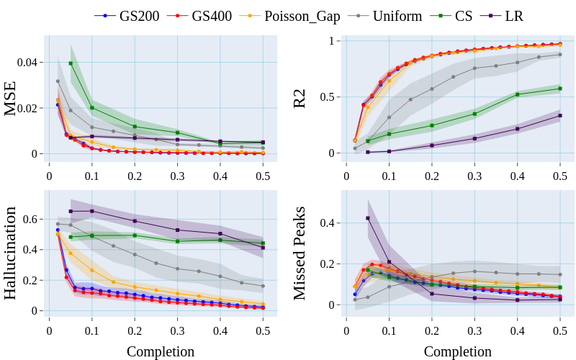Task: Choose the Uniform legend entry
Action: (x=397, y=15)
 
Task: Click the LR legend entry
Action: (x=513, y=15)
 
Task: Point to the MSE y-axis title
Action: (x=11, y=99)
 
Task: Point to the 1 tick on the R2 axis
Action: (x=331, y=41)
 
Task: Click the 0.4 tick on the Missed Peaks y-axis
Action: (x=328, y=223)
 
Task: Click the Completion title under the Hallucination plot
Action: (x=161, y=351)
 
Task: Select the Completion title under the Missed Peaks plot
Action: (x=457, y=351)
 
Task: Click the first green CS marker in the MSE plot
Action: (x=71, y=63)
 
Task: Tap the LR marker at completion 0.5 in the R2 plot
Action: (x=559, y=115)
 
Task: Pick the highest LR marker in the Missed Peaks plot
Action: (x=368, y=218)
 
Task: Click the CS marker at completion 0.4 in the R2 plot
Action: (x=517, y=94)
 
